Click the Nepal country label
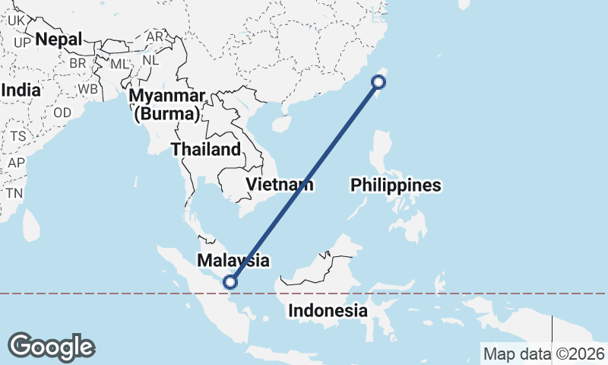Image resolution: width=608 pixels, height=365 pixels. coord(59,39)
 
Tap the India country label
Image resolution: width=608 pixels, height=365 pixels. coord(21,90)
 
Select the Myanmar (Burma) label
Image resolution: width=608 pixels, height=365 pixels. coord(167,106)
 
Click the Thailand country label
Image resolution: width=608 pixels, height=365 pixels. coord(205,149)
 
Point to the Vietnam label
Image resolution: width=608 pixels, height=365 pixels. coord(279,184)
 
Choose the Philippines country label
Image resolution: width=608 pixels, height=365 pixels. coord(395,185)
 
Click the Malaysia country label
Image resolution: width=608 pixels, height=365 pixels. coord(233,261)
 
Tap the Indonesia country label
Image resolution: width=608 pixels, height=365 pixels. coord(328,311)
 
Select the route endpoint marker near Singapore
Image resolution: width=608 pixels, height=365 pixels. coord(230,283)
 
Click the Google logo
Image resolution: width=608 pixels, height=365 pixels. coord(51,347)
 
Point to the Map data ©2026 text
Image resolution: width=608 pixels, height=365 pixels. coord(544,354)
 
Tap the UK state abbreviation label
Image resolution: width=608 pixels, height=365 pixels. coord(17,21)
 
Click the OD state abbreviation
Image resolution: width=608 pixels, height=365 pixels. coord(62,113)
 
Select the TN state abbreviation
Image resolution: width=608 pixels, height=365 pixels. coord(14,193)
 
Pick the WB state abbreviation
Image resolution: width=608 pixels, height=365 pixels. coord(87,88)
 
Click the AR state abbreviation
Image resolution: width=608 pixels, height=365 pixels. coord(154,36)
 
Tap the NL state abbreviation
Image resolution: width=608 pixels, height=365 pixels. coord(151,59)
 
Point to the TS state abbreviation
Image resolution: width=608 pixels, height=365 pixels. coord(18,136)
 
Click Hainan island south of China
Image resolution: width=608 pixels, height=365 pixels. coord(282,122)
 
